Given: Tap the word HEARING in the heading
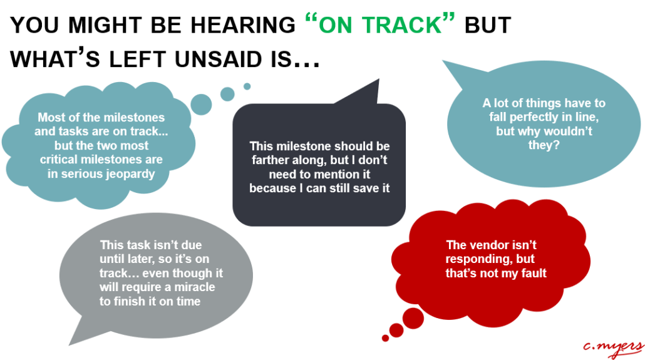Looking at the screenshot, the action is tap(243, 26).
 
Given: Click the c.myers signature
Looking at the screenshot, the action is tap(612, 349).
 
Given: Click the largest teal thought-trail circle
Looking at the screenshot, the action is tap(201, 104).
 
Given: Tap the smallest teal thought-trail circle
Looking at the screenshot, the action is tap(247, 86).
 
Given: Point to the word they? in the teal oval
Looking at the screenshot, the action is tap(544, 145).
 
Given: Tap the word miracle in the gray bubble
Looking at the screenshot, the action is tap(195, 287).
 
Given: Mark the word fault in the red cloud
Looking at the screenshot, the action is tap(534, 273).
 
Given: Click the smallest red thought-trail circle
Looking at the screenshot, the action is tap(386, 338).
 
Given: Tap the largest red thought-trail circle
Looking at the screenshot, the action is tap(413, 319).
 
